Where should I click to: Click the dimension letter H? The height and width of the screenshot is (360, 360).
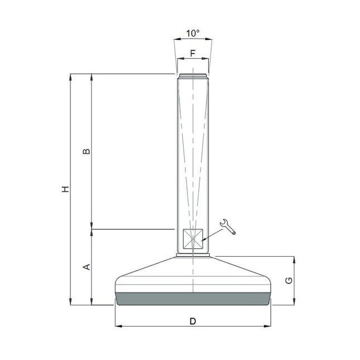(x=66, y=189)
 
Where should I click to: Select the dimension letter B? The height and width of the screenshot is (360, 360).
(x=87, y=151)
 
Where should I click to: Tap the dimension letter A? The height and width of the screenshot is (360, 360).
(x=87, y=267)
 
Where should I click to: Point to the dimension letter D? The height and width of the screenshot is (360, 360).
(x=193, y=321)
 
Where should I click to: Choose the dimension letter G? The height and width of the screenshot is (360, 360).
(x=289, y=281)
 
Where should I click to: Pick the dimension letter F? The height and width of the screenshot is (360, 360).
(x=193, y=53)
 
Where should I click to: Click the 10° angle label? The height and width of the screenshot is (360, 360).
(x=193, y=33)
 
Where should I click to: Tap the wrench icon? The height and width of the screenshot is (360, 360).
(x=228, y=227)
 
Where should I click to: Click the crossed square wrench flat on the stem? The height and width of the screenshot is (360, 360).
(x=193, y=239)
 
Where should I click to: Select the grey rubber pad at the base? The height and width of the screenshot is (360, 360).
(x=193, y=299)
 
